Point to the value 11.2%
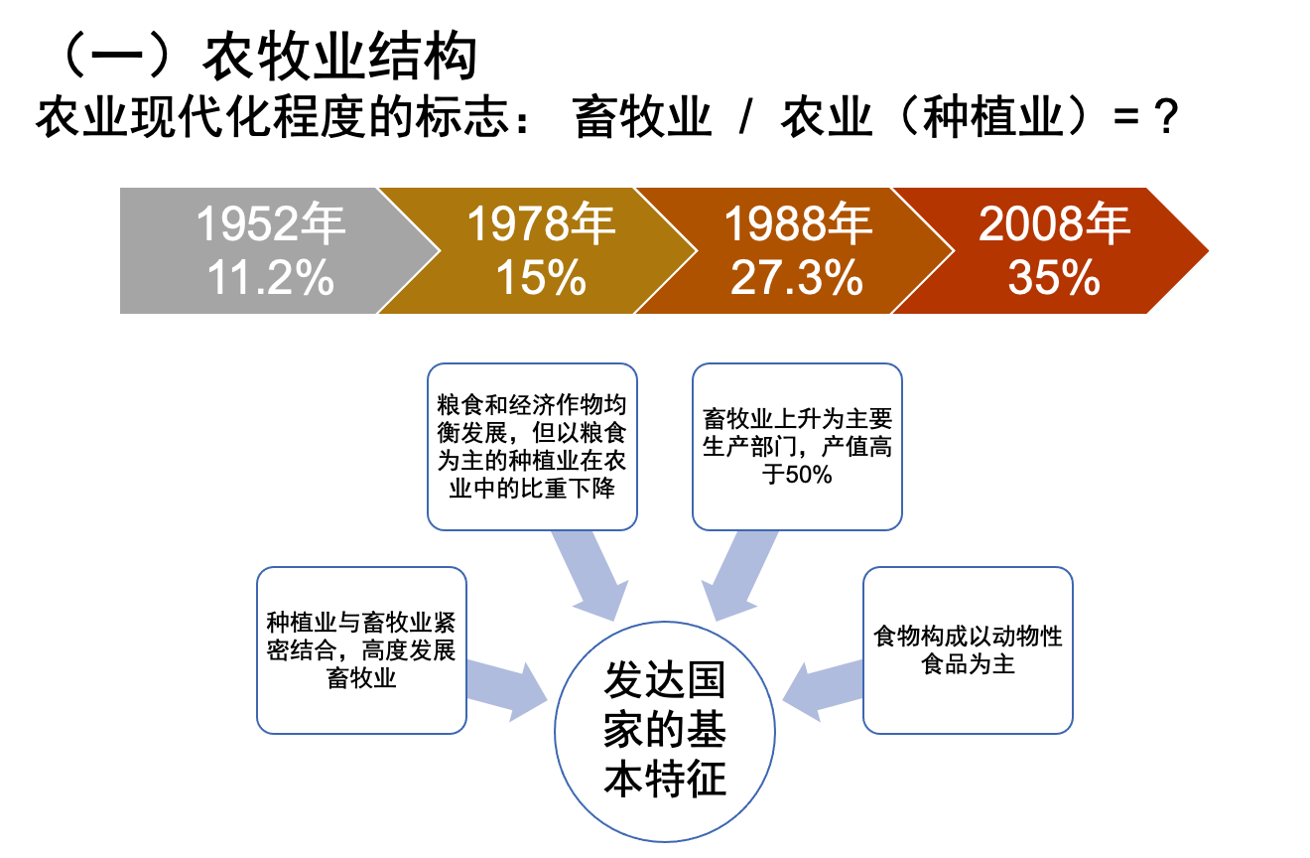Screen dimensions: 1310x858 tap(270, 279)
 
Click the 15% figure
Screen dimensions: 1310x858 tap(541, 279)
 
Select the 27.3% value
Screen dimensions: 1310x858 tap(797, 279)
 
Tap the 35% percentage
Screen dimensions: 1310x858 tap(1054, 279)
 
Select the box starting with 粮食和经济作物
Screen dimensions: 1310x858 tap(532, 446)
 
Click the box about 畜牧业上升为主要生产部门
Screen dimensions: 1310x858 tap(797, 446)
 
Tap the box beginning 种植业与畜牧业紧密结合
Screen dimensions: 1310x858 tap(361, 650)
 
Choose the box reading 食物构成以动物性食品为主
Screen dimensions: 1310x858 tap(968, 650)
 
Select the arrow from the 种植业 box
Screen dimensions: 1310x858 tap(506, 688)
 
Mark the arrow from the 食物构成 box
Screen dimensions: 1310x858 tap(824, 688)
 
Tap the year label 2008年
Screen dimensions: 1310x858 tap(1054, 224)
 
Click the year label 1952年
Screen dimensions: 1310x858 tap(270, 224)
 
